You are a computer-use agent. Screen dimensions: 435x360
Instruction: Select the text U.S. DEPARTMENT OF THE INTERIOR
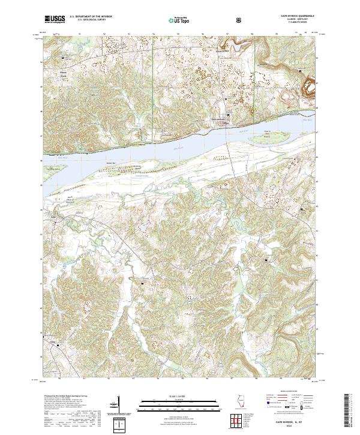click(90, 17)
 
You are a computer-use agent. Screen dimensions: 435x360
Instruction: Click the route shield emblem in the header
click(241, 20)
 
